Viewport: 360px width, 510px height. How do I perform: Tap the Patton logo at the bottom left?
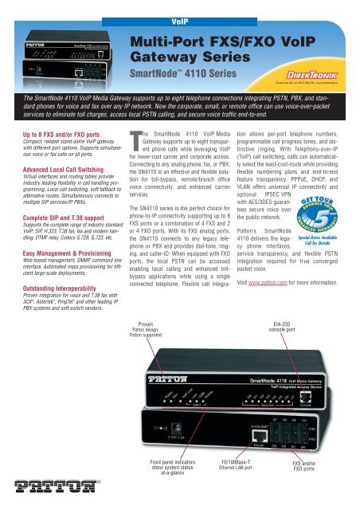coord(37,487)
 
